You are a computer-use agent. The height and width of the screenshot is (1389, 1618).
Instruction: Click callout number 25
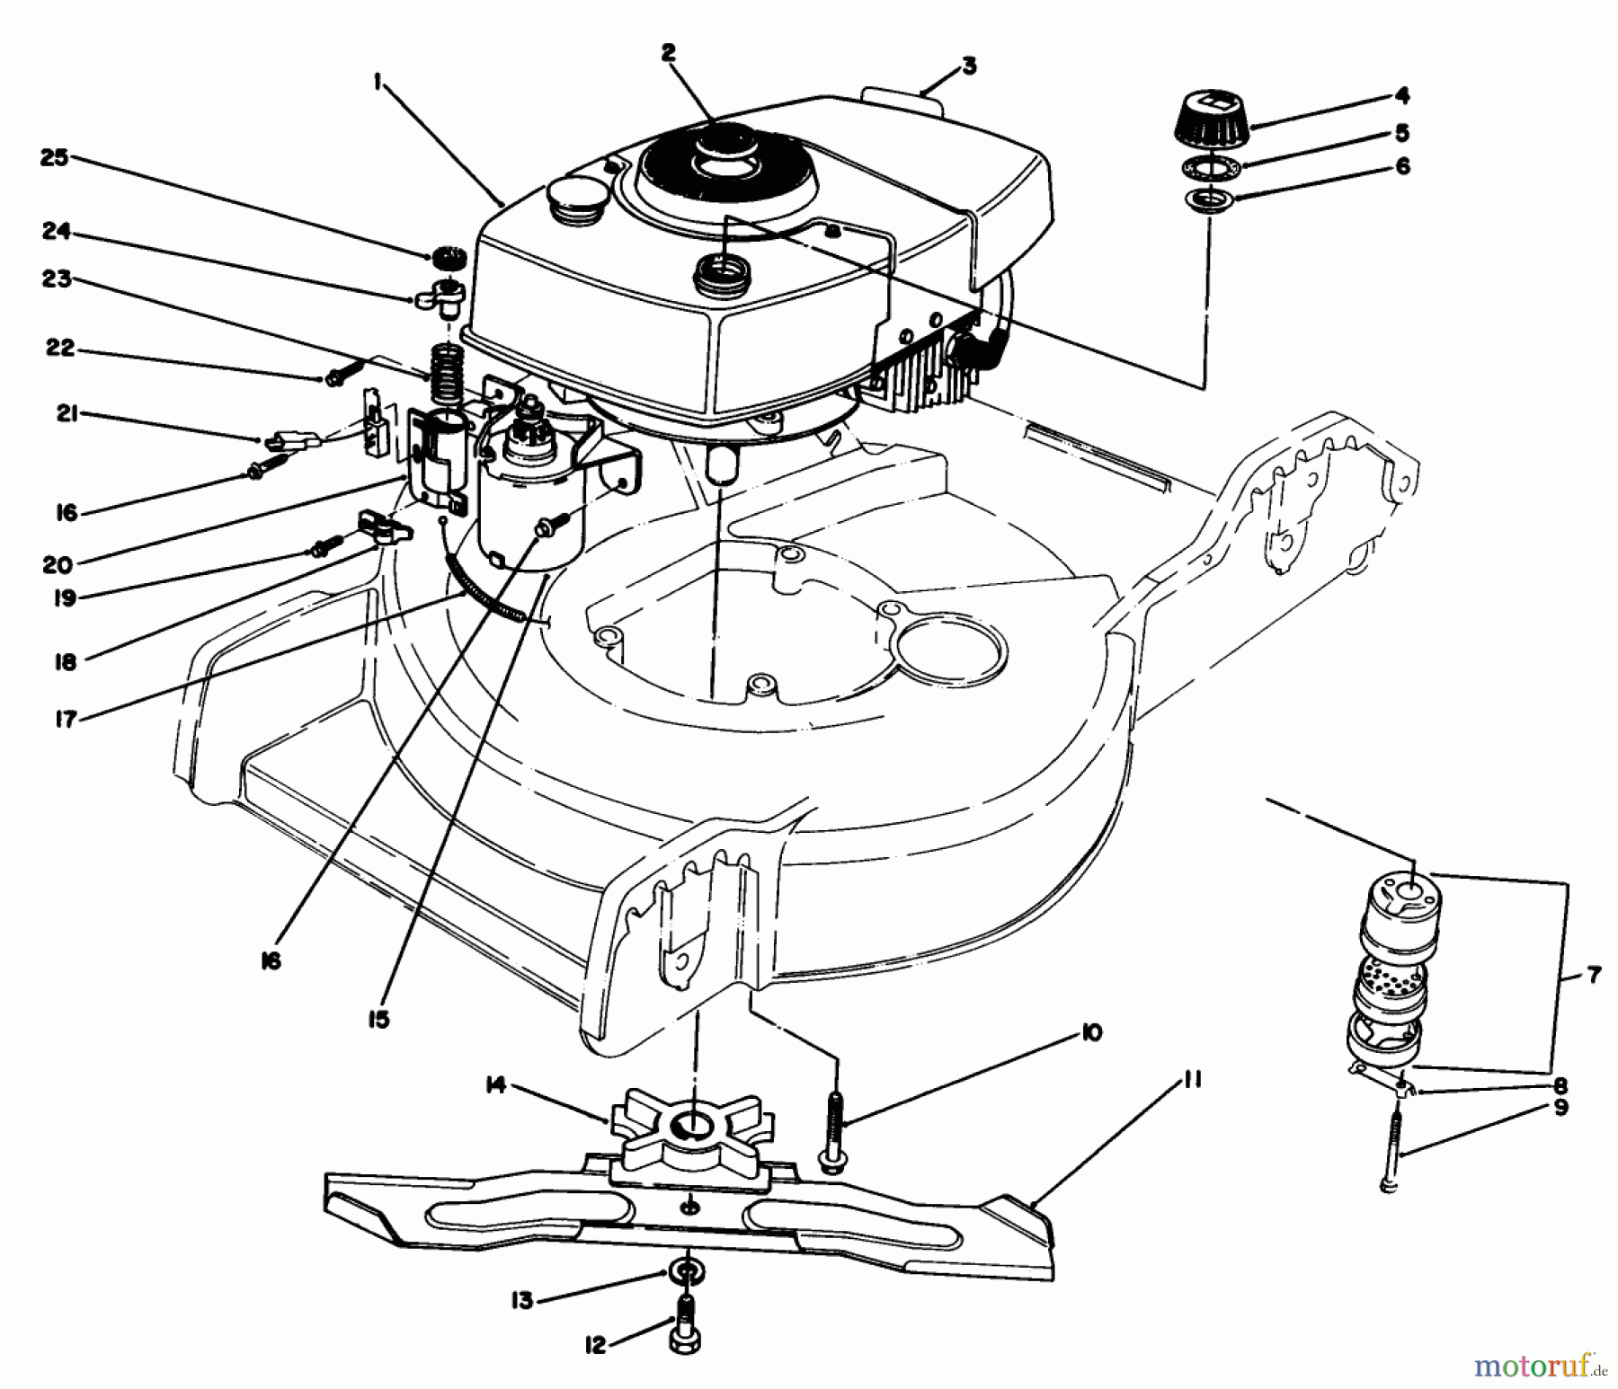tap(54, 158)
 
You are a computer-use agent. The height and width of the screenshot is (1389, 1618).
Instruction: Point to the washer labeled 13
tap(688, 1273)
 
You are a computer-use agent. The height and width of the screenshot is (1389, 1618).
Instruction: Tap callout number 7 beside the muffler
tap(1594, 975)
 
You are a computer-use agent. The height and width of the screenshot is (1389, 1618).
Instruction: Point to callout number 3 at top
tap(967, 66)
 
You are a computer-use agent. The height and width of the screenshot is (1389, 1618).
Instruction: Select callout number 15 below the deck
tap(380, 1020)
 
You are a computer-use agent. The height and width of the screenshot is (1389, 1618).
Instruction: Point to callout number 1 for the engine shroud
tap(378, 83)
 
